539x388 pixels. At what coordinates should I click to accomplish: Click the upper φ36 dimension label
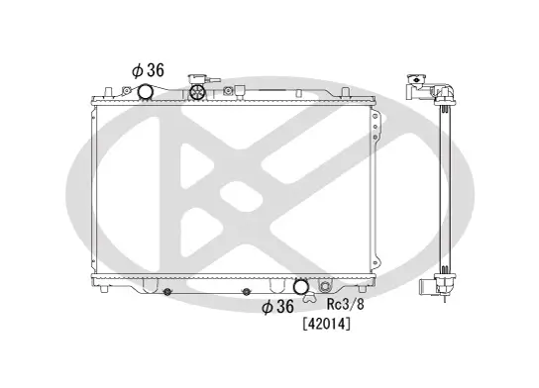[148, 69]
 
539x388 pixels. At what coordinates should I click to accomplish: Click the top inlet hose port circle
[146, 93]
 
